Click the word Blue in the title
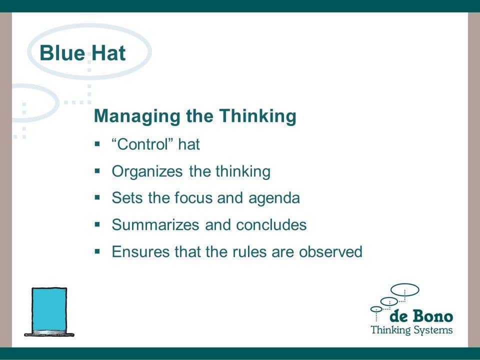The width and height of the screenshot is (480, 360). [x=62, y=53]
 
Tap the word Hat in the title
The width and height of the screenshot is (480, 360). [x=108, y=53]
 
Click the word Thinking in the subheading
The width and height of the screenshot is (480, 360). [x=257, y=116]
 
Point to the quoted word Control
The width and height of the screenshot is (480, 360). [x=142, y=144]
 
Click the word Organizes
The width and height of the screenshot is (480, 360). [x=147, y=171]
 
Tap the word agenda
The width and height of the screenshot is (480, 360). [x=274, y=198]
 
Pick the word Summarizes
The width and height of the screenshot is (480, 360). [x=155, y=224]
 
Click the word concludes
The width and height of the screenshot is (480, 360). [x=271, y=224]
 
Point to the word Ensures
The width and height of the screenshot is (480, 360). [x=140, y=251]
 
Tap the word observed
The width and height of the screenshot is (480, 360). [x=330, y=251]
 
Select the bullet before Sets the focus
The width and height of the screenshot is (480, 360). [x=97, y=197]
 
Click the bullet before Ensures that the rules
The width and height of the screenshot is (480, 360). [x=97, y=251]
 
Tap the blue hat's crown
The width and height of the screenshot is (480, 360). [x=49, y=309]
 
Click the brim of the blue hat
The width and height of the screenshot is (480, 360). [x=49, y=334]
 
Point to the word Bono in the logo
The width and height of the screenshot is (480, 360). [x=432, y=316]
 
